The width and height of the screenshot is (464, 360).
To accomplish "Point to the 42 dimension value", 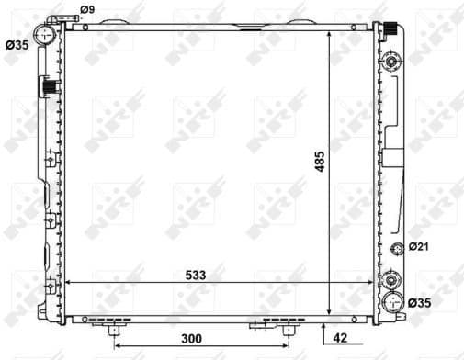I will pos(340,338).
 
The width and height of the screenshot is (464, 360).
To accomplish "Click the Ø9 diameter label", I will pos(87,10).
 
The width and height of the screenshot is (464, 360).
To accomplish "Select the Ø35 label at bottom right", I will pos(419,302).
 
